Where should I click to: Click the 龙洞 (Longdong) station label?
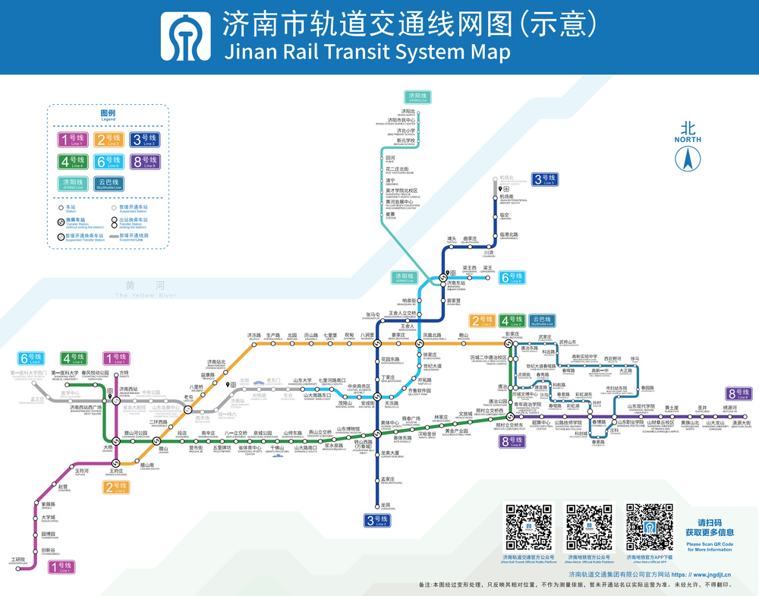[386, 506]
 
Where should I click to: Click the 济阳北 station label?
[396, 111]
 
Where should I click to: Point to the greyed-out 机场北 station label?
[506, 178]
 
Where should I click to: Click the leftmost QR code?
[528, 528]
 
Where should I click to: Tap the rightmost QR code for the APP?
[649, 528]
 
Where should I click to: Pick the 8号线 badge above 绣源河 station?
[738, 393]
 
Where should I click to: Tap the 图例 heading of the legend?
[108, 113]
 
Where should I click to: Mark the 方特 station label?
[124, 374]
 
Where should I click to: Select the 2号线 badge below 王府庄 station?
[116, 487]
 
